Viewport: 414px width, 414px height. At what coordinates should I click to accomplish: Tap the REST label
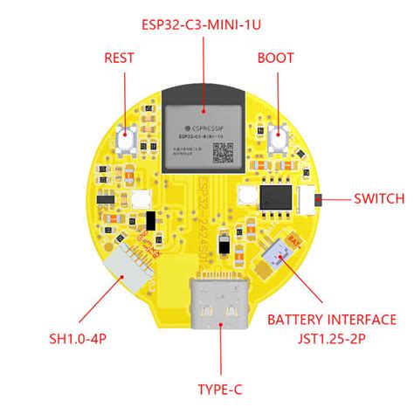point(119,59)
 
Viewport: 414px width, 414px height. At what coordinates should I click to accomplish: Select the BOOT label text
point(276,59)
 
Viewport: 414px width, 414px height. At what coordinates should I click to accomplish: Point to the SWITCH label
point(379,198)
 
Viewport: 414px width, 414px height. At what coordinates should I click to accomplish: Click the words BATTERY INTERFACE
point(331,320)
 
